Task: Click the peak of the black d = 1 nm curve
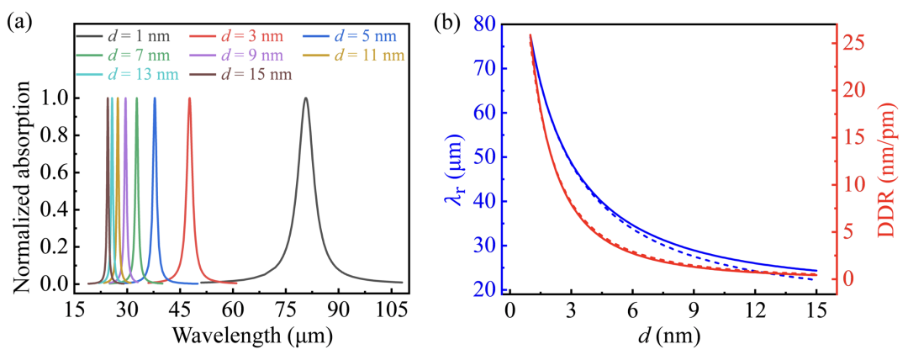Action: click(305, 98)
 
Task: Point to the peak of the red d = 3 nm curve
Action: click(189, 98)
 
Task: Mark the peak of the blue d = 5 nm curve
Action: click(155, 98)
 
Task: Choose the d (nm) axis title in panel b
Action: click(663, 336)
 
